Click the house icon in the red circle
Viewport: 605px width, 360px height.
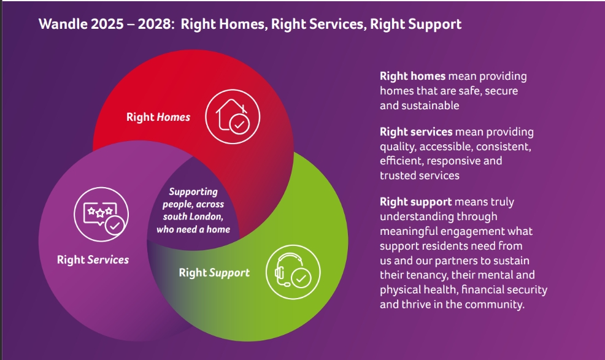[x=233, y=117]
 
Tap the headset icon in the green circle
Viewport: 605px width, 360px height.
[x=293, y=272]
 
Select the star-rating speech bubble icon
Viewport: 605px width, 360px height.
[x=101, y=215]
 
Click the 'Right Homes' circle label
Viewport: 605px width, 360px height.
[x=158, y=117]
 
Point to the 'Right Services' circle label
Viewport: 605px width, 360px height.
[x=93, y=259]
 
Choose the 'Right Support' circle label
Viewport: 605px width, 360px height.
[x=214, y=273]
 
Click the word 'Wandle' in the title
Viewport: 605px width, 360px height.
[x=63, y=24]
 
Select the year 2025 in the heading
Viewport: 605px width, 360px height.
[x=107, y=24]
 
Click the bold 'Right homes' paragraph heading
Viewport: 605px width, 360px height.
[x=412, y=76]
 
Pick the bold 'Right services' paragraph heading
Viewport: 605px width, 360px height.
[x=416, y=132]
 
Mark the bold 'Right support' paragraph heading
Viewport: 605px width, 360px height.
[x=415, y=202]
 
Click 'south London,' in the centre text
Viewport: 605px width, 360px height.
[x=193, y=216]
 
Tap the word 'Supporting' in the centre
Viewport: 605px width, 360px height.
[x=193, y=192]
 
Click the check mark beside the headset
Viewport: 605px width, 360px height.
[x=301, y=278]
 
